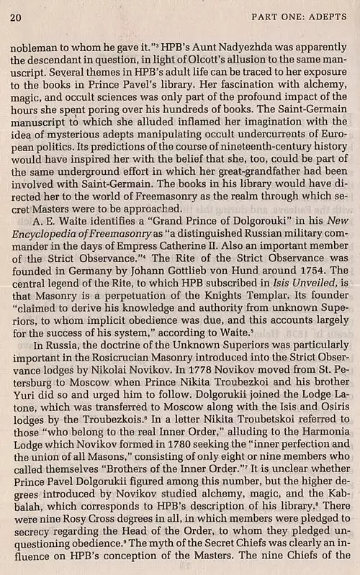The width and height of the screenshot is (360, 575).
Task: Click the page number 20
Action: coord(15,16)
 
